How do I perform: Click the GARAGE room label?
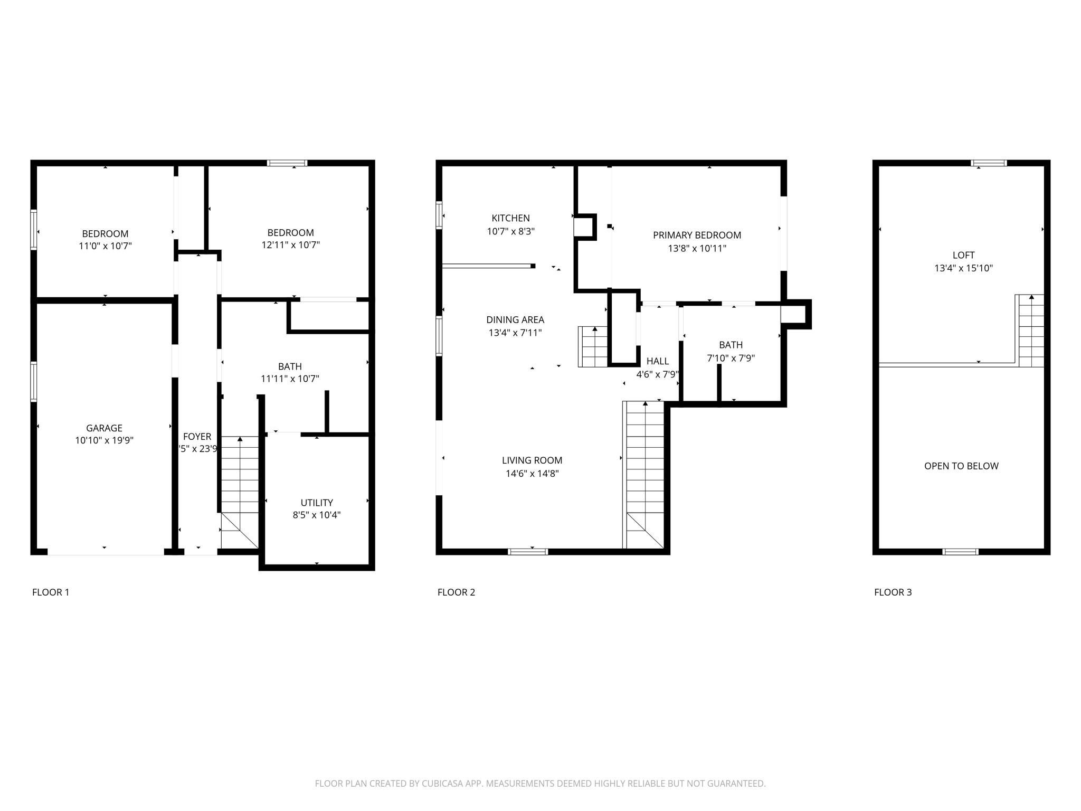click(x=104, y=428)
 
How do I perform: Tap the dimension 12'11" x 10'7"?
click(x=290, y=245)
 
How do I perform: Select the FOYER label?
click(x=197, y=437)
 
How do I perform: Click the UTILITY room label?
click(x=317, y=503)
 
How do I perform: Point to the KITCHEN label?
click(x=510, y=218)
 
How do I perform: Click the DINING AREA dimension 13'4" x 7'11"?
click(x=515, y=333)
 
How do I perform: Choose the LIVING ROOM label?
click(x=532, y=460)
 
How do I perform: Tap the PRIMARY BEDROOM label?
click(x=697, y=235)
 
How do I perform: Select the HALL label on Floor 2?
click(x=658, y=361)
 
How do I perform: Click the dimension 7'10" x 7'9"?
click(x=731, y=358)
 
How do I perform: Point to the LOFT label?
click(x=963, y=255)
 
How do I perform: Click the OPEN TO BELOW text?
click(x=961, y=466)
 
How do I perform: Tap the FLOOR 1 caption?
click(x=51, y=592)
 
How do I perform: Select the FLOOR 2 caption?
click(x=456, y=592)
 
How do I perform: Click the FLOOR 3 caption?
click(x=893, y=592)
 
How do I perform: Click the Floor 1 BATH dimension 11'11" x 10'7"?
click(x=290, y=379)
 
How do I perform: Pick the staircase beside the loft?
click(x=1031, y=332)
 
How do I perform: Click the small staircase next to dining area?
click(x=594, y=347)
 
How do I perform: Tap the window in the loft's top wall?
click(x=989, y=163)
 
